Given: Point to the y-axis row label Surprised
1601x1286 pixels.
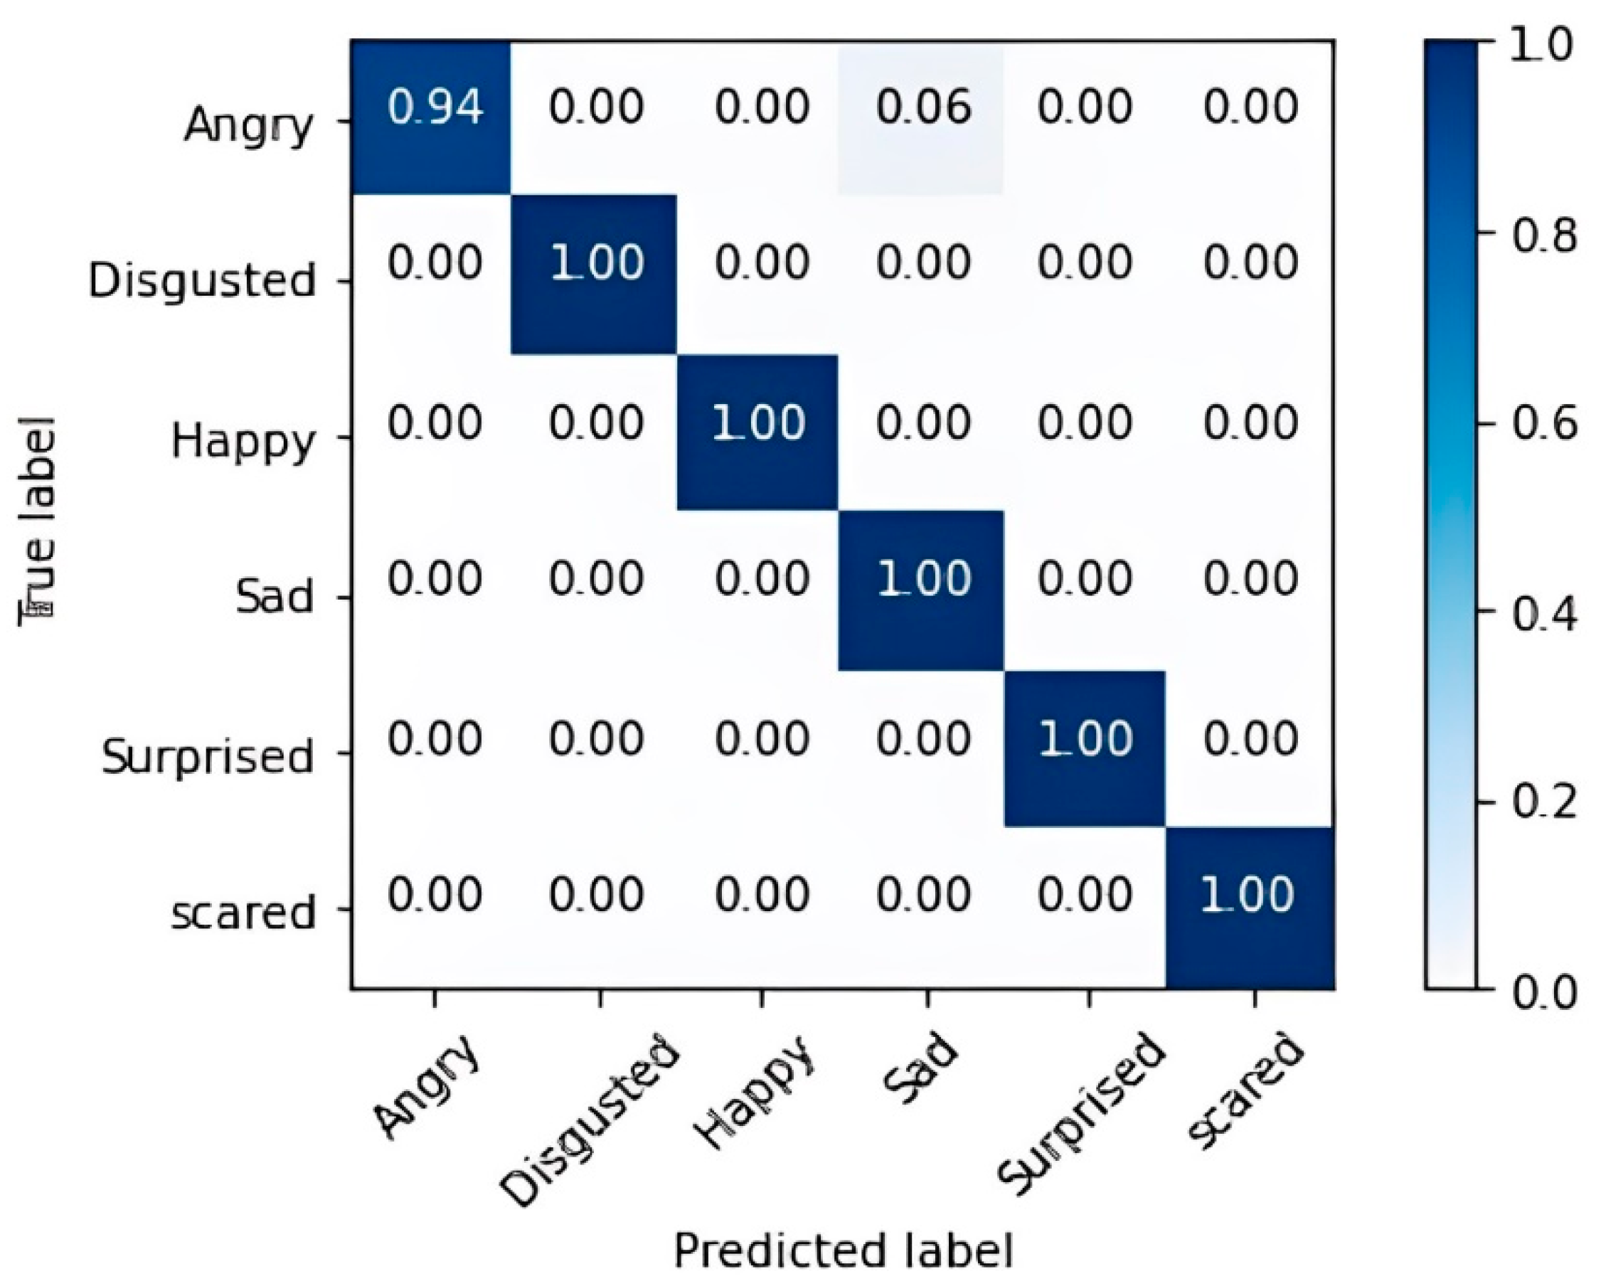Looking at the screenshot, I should click(x=208, y=758).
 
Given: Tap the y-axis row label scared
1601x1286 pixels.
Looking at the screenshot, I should click(x=243, y=913).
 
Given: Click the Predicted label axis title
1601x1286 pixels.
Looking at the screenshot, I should click(x=843, y=1251).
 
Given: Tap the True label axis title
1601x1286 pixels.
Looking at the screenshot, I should click(x=37, y=520).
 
